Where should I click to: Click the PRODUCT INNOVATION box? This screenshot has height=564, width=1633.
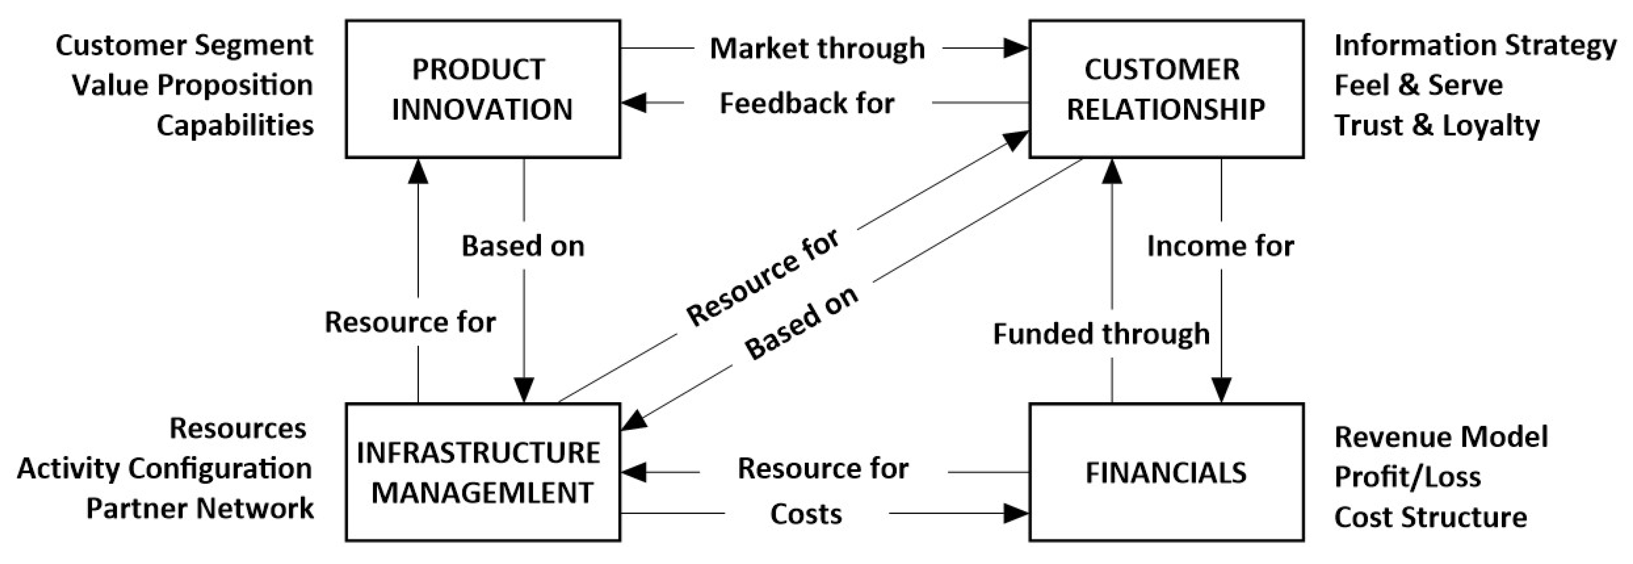coord(482,89)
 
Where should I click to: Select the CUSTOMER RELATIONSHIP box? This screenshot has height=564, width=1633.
coord(1165,89)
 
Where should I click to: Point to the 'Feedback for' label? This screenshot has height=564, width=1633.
coord(806,103)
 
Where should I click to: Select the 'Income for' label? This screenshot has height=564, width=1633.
coord(1220,246)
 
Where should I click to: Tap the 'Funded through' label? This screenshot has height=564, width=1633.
coord(1101,334)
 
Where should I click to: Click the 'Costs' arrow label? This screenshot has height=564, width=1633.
coord(806,514)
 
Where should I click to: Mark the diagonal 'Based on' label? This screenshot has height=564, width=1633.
coord(801,322)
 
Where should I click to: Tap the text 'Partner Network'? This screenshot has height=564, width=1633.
coord(200,509)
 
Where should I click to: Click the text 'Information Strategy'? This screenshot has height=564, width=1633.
coord(1475,46)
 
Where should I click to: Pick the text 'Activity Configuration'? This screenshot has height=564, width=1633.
coord(164,469)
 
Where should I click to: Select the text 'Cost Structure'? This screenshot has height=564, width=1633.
coord(1430,517)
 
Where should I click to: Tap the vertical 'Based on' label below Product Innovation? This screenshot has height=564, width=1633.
coord(522,246)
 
